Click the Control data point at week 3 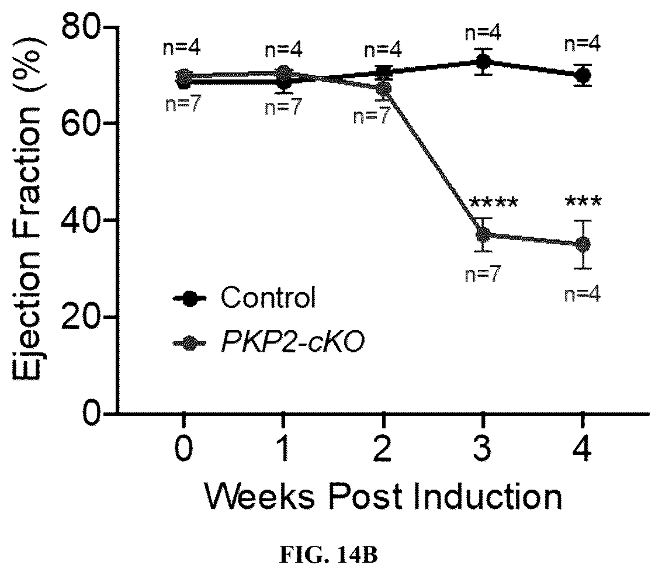[483, 62]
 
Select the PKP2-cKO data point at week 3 [483, 235]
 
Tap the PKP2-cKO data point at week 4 [583, 244]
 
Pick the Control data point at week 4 [583, 75]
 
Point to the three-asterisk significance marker [583, 203]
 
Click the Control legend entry [244, 297]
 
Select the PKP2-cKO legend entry [269, 342]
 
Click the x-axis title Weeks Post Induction [383, 496]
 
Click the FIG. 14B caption [328, 556]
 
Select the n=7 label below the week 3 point [483, 275]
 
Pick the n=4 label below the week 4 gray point [583, 295]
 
